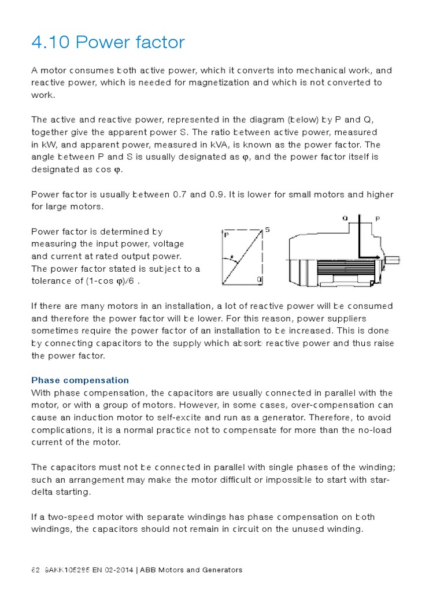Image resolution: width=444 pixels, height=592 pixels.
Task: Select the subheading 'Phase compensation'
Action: point(80,380)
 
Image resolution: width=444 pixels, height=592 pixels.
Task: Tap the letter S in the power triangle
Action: point(267,230)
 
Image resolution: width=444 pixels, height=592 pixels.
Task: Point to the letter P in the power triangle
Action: point(226,235)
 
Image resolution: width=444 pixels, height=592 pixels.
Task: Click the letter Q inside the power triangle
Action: point(259,280)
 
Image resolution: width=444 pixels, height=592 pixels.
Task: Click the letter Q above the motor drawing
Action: point(345,219)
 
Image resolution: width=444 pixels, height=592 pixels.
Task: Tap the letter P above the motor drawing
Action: point(378,219)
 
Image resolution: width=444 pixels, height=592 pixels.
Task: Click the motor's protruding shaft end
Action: point(393,260)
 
